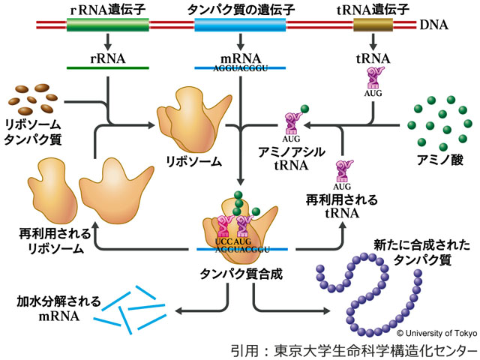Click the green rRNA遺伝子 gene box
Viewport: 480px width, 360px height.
(x=98, y=25)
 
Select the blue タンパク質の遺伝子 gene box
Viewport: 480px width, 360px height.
(x=239, y=25)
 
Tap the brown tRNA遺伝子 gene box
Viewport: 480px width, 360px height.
(x=373, y=25)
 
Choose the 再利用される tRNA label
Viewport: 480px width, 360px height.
(x=343, y=207)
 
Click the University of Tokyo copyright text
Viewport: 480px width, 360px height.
(x=435, y=332)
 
